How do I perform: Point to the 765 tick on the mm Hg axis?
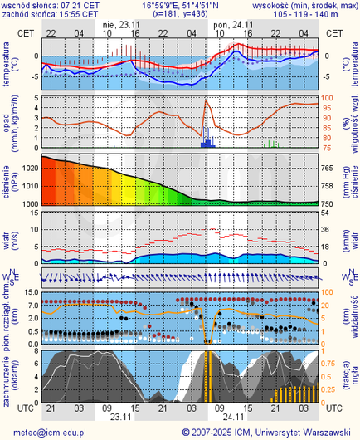(x=330, y=168)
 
